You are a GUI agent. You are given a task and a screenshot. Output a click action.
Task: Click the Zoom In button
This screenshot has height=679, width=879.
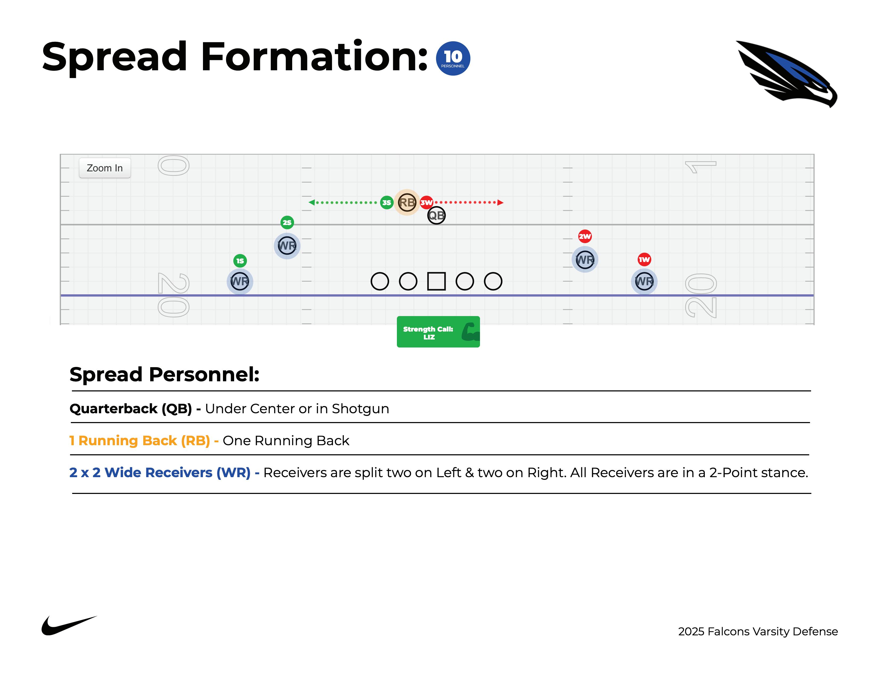point(105,168)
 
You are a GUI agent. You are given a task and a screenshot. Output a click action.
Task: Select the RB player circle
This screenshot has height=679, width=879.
point(406,202)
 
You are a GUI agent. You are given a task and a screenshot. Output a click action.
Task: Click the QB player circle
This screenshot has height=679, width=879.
point(436,216)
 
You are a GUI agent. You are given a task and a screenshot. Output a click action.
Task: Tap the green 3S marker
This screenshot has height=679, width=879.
point(386,202)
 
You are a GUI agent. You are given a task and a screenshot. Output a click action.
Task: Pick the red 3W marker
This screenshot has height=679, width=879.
point(426,202)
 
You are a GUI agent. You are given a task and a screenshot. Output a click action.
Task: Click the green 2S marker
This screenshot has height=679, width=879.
point(287,222)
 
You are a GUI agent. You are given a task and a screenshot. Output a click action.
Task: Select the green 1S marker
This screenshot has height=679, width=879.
point(240,261)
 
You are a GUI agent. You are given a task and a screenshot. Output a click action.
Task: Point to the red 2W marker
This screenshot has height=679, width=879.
point(585,236)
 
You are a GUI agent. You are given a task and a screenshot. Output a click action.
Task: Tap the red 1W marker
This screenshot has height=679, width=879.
point(644,259)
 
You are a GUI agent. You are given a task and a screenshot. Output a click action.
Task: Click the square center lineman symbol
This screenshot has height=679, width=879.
point(436,281)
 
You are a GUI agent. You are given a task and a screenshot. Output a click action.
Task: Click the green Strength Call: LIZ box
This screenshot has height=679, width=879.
point(438,332)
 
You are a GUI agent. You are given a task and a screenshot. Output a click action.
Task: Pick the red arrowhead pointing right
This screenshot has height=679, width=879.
point(500,202)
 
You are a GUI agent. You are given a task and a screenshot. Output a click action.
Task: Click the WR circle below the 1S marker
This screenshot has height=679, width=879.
point(240,281)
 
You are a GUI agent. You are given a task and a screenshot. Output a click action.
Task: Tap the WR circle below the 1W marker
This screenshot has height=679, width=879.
point(644,281)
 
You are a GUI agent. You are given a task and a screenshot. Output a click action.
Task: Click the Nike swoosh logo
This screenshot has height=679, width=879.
point(68,625)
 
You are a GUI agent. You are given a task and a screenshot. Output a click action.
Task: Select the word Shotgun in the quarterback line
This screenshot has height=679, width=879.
point(360,409)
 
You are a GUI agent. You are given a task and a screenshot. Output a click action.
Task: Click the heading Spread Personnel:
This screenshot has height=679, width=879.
point(164,374)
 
